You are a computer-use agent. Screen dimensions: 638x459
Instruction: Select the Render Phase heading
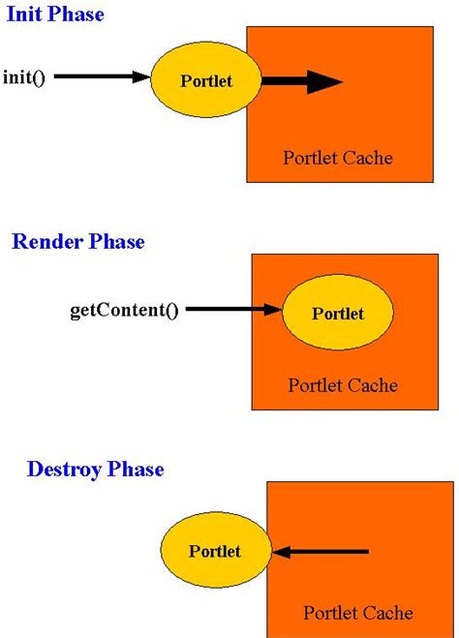click(x=78, y=242)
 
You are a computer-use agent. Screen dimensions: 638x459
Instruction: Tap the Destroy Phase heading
click(x=96, y=470)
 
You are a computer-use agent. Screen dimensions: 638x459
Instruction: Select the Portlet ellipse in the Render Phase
click(x=337, y=313)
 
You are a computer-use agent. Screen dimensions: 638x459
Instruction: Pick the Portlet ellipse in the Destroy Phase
click(x=215, y=552)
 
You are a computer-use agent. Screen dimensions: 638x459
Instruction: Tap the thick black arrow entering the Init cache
click(x=300, y=81)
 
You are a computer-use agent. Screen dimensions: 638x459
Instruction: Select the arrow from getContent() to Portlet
click(x=232, y=311)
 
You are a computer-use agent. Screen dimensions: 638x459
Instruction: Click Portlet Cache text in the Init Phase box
click(x=338, y=157)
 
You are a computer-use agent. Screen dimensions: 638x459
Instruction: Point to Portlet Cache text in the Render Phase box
click(x=343, y=385)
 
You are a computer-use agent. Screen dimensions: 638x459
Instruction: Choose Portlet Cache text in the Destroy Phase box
click(x=357, y=613)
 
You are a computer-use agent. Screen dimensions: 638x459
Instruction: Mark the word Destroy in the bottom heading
click(x=62, y=470)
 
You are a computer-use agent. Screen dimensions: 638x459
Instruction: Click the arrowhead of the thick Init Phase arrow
click(x=324, y=81)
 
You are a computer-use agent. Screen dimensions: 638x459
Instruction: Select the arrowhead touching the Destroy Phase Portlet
click(x=281, y=552)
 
